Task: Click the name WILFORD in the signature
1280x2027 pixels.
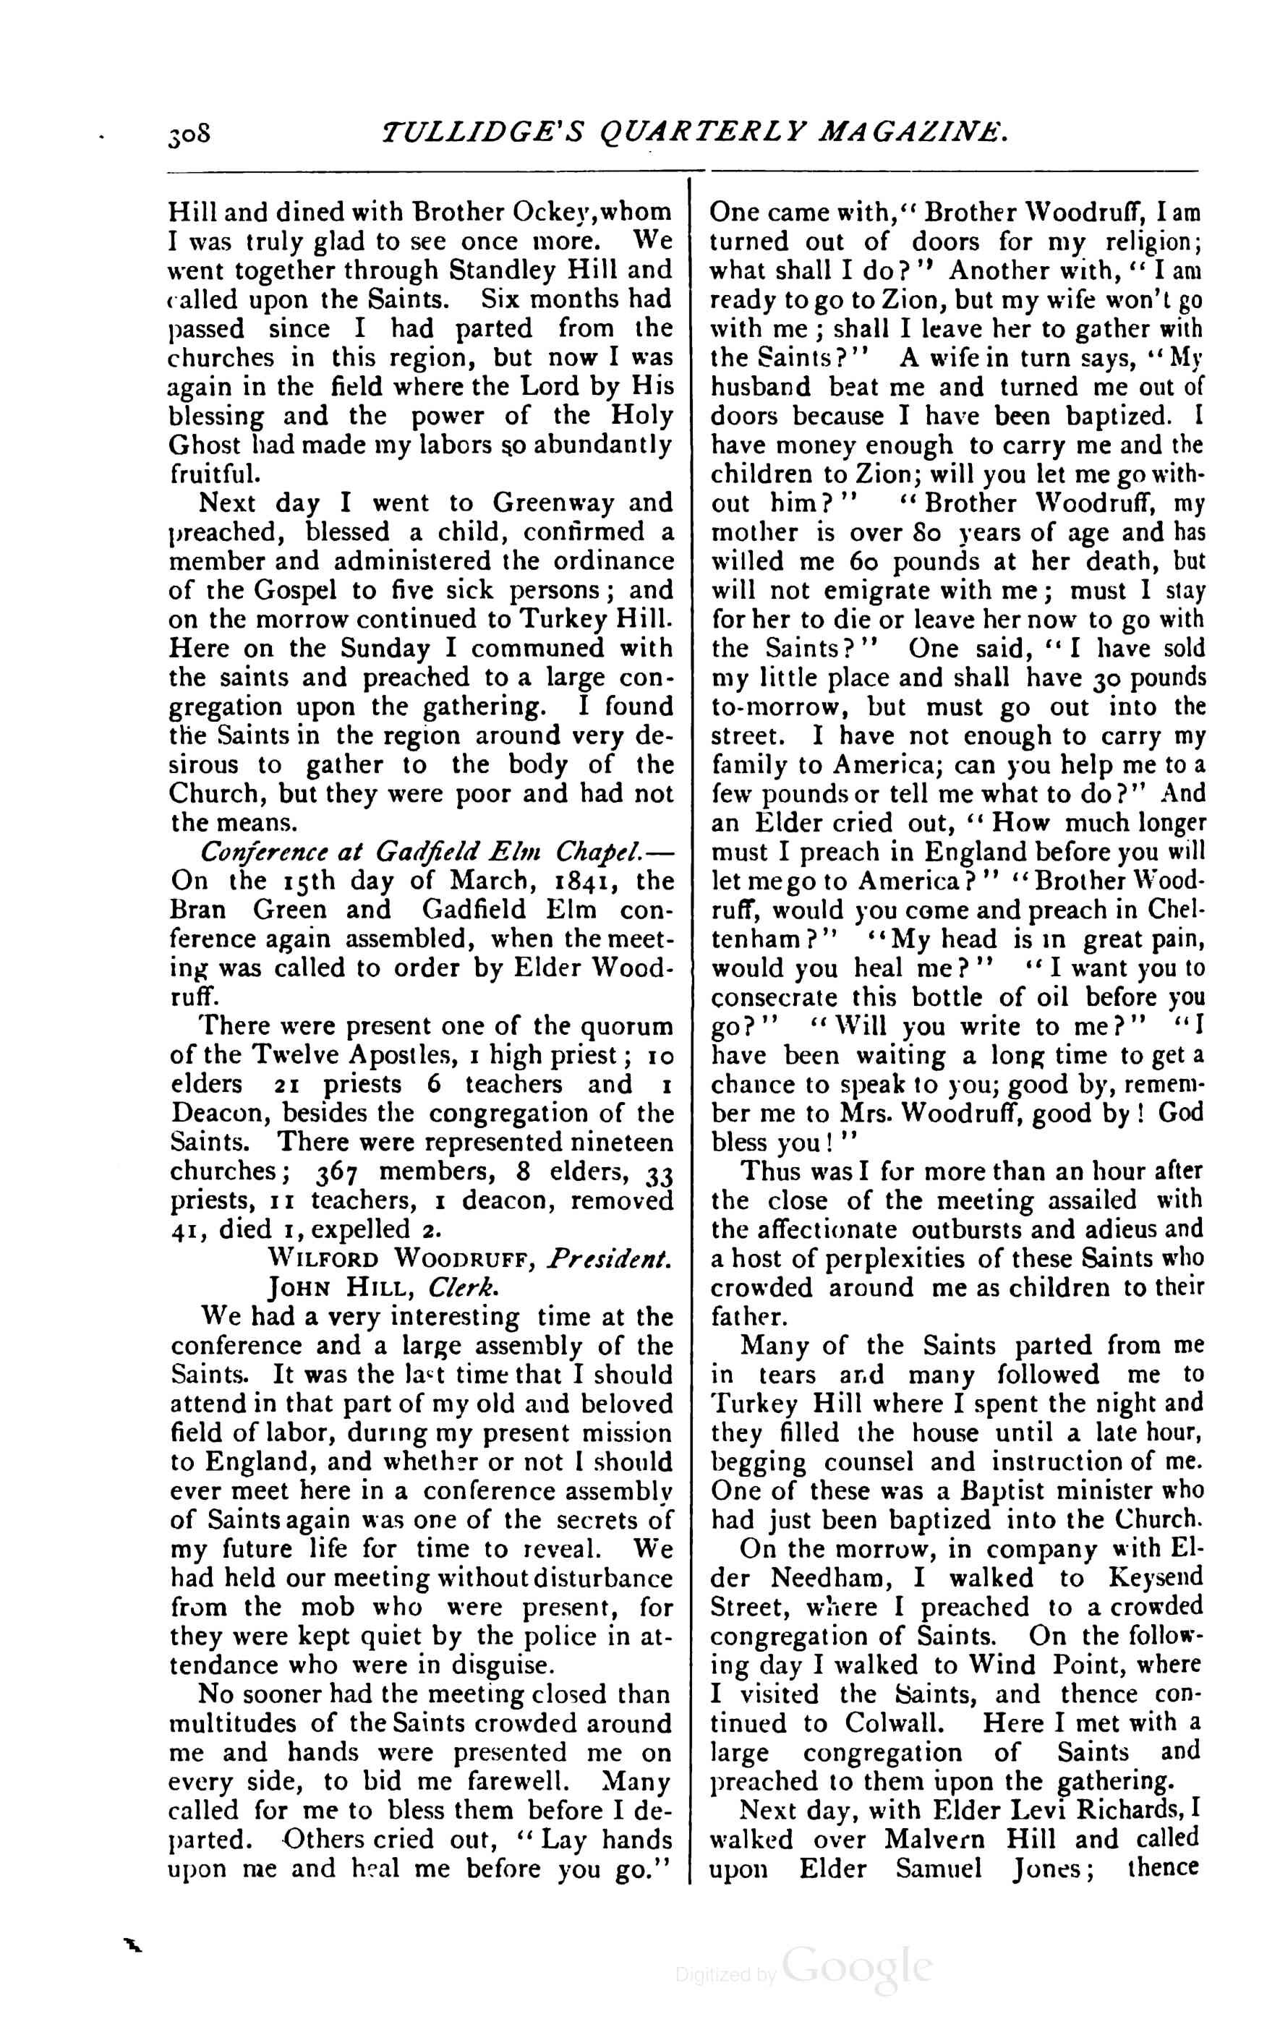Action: [x=322, y=1260]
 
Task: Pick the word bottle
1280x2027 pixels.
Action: [x=930, y=999]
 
